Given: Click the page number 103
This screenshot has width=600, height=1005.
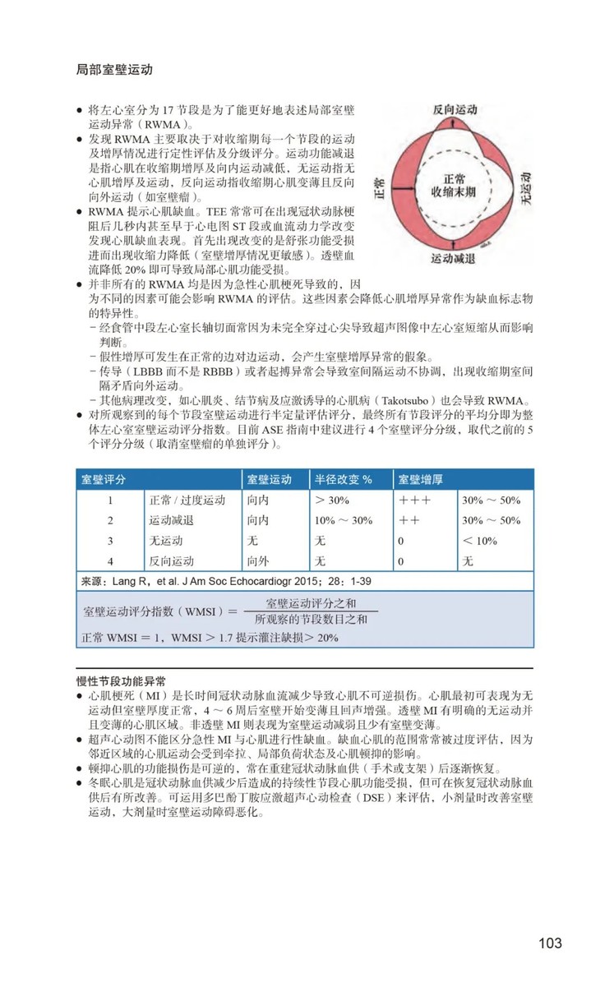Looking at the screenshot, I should [x=550, y=943].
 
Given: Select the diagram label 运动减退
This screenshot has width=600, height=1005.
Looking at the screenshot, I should [x=453, y=258].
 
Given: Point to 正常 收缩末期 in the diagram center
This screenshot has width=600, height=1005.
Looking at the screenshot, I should [x=453, y=184].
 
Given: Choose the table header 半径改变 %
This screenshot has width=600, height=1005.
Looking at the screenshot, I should [x=344, y=478].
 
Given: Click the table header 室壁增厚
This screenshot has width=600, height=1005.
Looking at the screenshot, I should [x=421, y=478].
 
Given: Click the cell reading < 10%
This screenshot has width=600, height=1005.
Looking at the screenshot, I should [x=480, y=541].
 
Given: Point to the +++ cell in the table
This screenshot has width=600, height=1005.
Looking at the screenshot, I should [x=414, y=500].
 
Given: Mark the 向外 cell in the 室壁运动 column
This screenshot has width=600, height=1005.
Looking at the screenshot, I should [x=256, y=561].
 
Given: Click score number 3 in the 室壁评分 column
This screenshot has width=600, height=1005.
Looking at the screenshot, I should [x=109, y=541].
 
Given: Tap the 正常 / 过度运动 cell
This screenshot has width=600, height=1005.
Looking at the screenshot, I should [x=187, y=500].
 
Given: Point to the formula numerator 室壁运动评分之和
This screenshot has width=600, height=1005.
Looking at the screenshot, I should [x=311, y=603].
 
